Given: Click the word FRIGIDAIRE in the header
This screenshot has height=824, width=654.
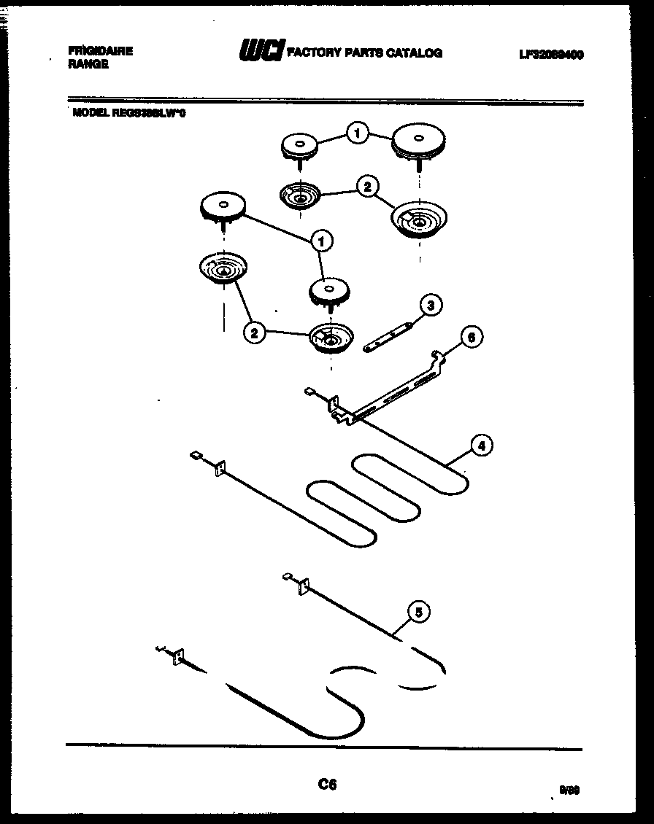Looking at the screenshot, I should click(x=101, y=51).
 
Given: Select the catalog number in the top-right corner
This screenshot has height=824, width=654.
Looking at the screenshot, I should click(x=551, y=55).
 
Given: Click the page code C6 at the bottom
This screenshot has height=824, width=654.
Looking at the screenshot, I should click(x=327, y=785).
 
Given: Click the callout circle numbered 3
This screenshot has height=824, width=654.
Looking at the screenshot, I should click(x=431, y=306).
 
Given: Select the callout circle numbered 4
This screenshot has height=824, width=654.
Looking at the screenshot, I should click(x=480, y=446).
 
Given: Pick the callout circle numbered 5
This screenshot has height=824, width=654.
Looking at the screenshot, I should click(x=418, y=613).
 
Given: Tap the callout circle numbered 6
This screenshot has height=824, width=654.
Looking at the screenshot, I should click(x=472, y=337).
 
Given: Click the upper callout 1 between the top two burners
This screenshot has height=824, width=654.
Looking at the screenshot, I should click(x=356, y=133).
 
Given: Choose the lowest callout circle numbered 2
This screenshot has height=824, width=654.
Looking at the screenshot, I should click(x=254, y=333).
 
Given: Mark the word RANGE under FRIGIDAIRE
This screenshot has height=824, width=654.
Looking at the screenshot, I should click(x=88, y=64).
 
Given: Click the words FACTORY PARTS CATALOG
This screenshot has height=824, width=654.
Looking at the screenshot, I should click(x=365, y=53).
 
